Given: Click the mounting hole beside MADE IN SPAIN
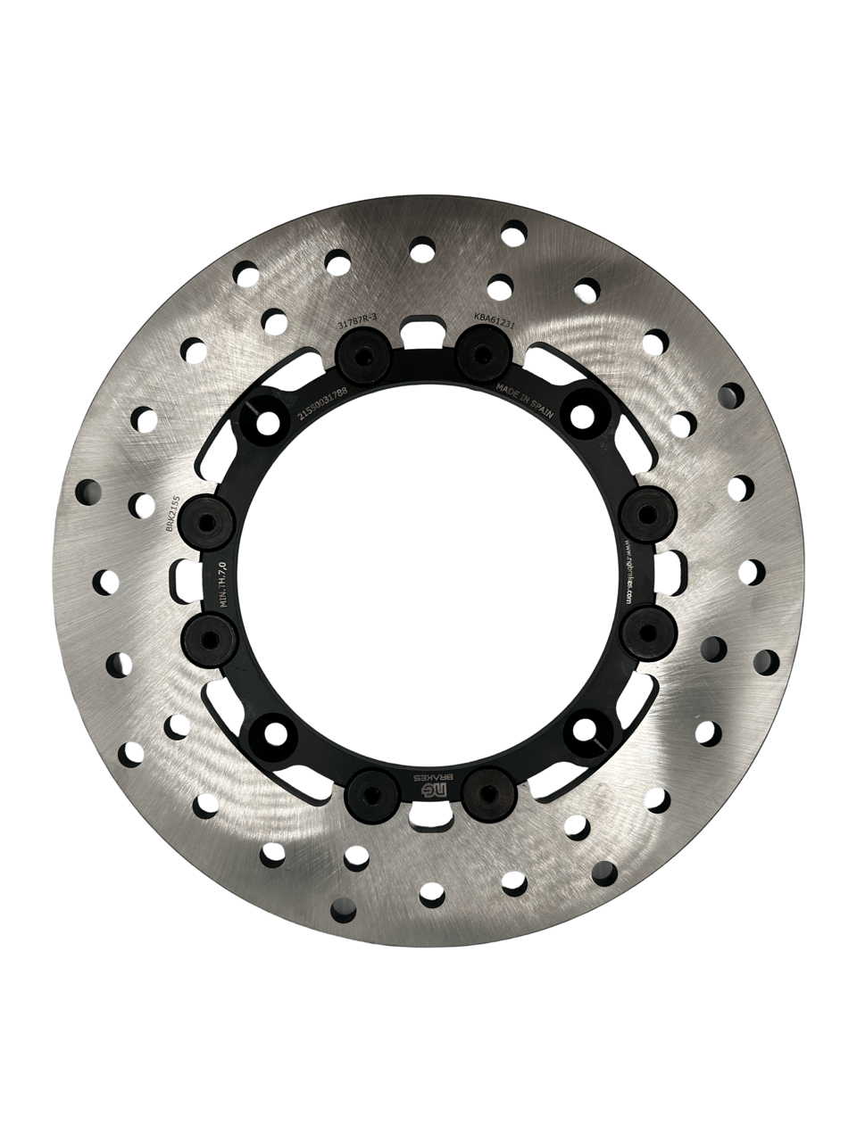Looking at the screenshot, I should click(583, 413).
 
